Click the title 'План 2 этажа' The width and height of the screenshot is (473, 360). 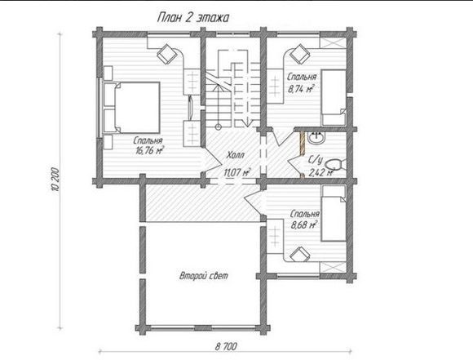point(192,17)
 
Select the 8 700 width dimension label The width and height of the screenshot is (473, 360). point(226,346)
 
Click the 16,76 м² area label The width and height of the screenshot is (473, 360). point(149,150)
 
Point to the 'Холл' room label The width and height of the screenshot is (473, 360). point(235,155)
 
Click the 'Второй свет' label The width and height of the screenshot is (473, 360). point(204,276)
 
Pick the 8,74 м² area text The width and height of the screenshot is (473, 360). point(300,89)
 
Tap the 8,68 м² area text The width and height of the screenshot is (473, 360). point(304,225)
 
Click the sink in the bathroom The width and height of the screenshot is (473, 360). point(316,138)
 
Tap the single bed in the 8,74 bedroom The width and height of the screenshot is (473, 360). point(334,97)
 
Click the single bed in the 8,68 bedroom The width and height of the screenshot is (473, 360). point(334,213)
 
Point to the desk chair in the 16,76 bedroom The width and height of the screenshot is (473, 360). point(166,54)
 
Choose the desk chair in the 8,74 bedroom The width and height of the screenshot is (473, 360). point(300,54)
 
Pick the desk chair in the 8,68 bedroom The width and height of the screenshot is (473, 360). point(300,255)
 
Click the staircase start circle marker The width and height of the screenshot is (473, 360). point(219,127)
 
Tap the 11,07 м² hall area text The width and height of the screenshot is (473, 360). point(237,172)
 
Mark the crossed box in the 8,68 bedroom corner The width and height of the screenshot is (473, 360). point(333,268)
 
